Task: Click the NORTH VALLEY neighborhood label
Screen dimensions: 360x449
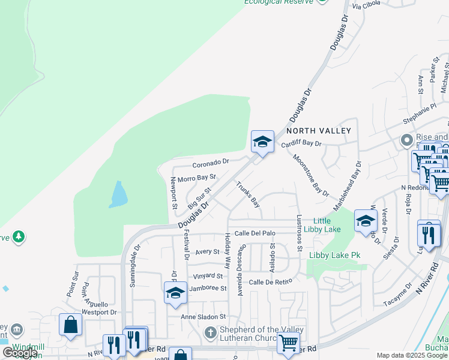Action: point(318,130)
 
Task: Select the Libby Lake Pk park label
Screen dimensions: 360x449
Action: point(334,255)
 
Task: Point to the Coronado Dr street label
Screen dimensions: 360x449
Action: point(211,163)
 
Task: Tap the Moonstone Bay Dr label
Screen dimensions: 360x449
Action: point(311,175)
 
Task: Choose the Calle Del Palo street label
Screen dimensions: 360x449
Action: point(255,233)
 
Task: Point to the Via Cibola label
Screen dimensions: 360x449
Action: point(367,6)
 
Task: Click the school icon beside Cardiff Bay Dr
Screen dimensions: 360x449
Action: point(262,142)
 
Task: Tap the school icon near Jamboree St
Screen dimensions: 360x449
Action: point(175,292)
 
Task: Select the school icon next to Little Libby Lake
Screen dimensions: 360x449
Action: point(366,221)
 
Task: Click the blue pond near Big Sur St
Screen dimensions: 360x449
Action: point(118,195)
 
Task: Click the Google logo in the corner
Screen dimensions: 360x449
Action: point(20,353)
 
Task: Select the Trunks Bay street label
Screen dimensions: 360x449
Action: point(247,194)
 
